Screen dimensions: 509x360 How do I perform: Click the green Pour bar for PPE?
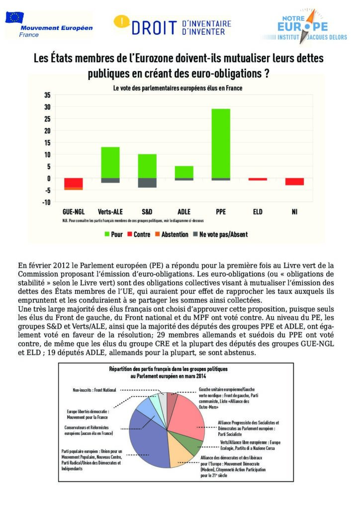pos(221,143)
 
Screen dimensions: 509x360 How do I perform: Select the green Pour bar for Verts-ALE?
pos(110,162)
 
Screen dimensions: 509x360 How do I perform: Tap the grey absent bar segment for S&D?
pos(147,182)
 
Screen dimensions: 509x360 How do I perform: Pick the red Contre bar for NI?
pos(294,181)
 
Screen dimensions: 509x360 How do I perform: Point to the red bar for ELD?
pos(258,179)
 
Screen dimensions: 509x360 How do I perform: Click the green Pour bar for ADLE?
pos(184,172)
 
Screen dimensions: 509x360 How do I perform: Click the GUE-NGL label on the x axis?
pos(73,211)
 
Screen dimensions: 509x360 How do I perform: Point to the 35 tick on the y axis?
pos(47,95)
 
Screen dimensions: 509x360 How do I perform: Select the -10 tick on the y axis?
pos(46,202)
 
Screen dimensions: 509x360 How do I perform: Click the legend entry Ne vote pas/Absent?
pos(219,234)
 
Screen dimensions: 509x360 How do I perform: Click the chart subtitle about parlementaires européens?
pos(178,88)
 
